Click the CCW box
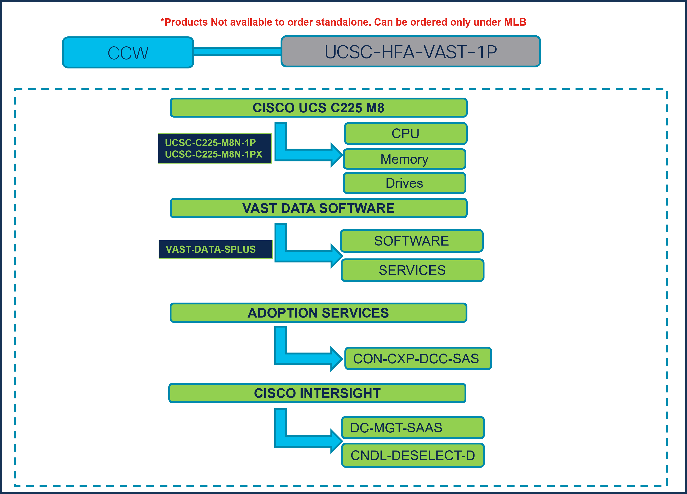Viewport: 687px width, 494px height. coord(128,53)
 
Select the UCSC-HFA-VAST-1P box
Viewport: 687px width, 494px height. coord(410,51)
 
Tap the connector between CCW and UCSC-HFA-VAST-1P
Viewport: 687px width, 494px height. coord(237,51)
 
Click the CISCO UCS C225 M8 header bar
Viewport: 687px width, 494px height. coord(318,108)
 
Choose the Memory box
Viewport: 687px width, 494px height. coord(404,159)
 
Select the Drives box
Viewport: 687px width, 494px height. coord(404,183)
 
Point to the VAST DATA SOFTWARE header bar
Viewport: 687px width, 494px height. coord(318,208)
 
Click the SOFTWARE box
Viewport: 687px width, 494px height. coord(411,241)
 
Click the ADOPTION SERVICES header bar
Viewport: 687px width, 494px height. coord(318,313)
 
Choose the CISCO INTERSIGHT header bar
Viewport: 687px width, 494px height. coord(317,393)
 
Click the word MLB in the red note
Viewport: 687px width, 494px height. coord(515,22)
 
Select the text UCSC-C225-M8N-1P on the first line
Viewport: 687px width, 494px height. coord(210,143)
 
